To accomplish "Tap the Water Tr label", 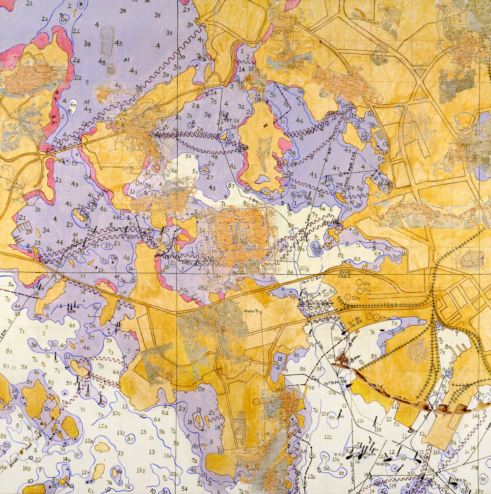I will coord(251,311).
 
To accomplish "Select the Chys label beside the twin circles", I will coord(385,318).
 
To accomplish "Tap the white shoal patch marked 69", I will coord(73,105).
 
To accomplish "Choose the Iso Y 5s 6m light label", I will coord(332,384).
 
